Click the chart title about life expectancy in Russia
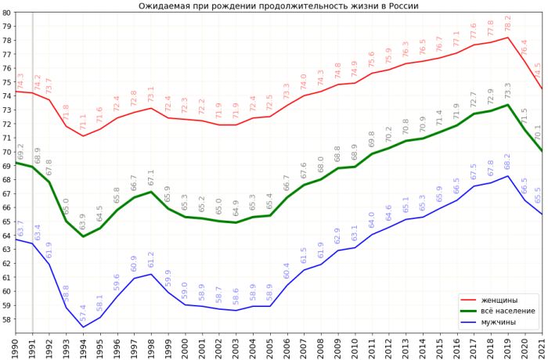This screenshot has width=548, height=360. click(x=278, y=5)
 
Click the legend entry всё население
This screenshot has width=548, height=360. click(x=508, y=311)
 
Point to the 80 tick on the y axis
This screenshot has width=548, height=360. click(x=7, y=13)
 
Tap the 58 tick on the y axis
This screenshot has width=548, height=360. click(x=7, y=319)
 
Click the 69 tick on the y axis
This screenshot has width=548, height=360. click(x=7, y=166)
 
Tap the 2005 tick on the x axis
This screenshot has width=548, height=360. click(x=270, y=345)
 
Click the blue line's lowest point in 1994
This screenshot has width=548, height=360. click(x=83, y=328)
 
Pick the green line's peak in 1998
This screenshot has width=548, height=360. click(x=151, y=192)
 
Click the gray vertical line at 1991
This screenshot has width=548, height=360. click(x=32, y=235)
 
